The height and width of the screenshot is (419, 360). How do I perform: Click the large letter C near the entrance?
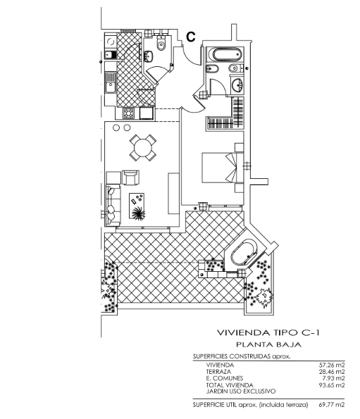[x=190, y=37]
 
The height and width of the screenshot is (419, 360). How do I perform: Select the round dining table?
[x=143, y=147]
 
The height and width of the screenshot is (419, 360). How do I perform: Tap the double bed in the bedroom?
[x=219, y=168]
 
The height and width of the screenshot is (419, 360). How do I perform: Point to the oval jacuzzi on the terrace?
[x=244, y=253]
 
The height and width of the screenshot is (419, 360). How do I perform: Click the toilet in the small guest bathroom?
[x=161, y=44]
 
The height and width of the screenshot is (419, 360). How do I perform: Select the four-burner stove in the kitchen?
[x=128, y=113]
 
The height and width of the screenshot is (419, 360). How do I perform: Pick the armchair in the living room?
[x=130, y=177]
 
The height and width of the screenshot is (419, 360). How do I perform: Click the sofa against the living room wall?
[x=113, y=205]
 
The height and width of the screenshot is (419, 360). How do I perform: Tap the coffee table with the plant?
[x=137, y=206]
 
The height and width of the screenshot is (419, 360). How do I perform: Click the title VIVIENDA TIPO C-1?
[x=268, y=332]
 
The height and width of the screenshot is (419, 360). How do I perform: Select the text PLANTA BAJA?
[x=268, y=345]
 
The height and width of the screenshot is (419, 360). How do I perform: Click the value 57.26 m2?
[x=332, y=365]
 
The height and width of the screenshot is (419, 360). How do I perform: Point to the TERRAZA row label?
[x=218, y=372]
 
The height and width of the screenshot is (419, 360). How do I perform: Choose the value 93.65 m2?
[x=332, y=385]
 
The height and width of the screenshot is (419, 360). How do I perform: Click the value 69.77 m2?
[x=332, y=405]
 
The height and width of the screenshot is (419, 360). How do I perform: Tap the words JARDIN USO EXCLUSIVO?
[x=240, y=392]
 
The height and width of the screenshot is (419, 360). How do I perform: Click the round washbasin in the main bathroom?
[x=237, y=85]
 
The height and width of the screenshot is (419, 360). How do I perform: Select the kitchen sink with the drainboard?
[x=111, y=82]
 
